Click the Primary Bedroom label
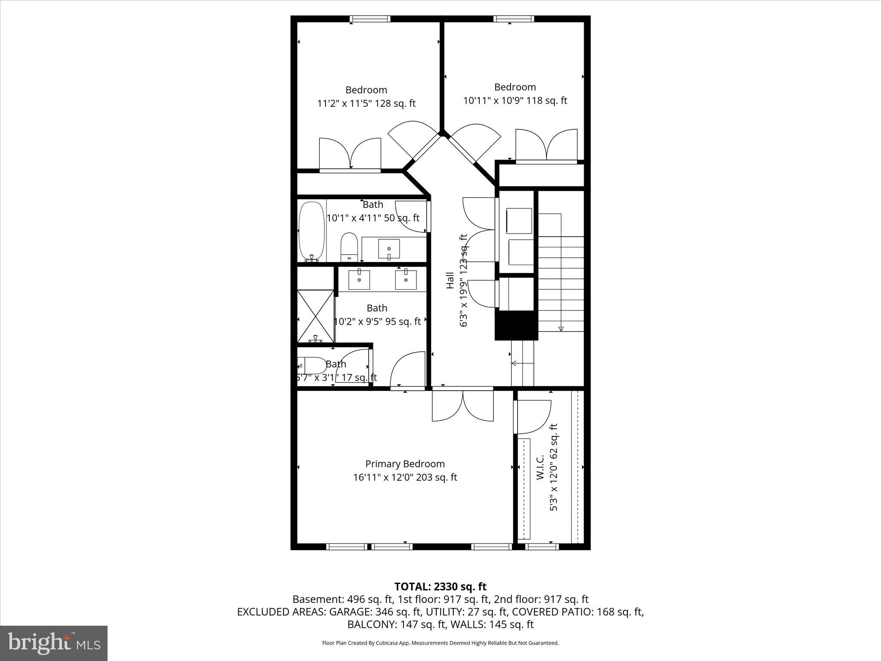pos(405,464)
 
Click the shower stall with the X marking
pos(316,316)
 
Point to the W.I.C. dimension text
pos(554,467)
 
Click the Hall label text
pos(450,280)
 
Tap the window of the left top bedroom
pos(370,19)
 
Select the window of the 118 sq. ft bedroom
pos(514,19)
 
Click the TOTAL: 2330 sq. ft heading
pos(440,587)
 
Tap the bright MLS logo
pos(53,643)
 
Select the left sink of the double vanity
pos(359,280)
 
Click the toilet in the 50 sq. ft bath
pos(349,247)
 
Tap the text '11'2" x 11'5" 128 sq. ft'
pos(366,104)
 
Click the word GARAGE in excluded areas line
pos(347,612)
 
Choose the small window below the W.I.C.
pos(542,547)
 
